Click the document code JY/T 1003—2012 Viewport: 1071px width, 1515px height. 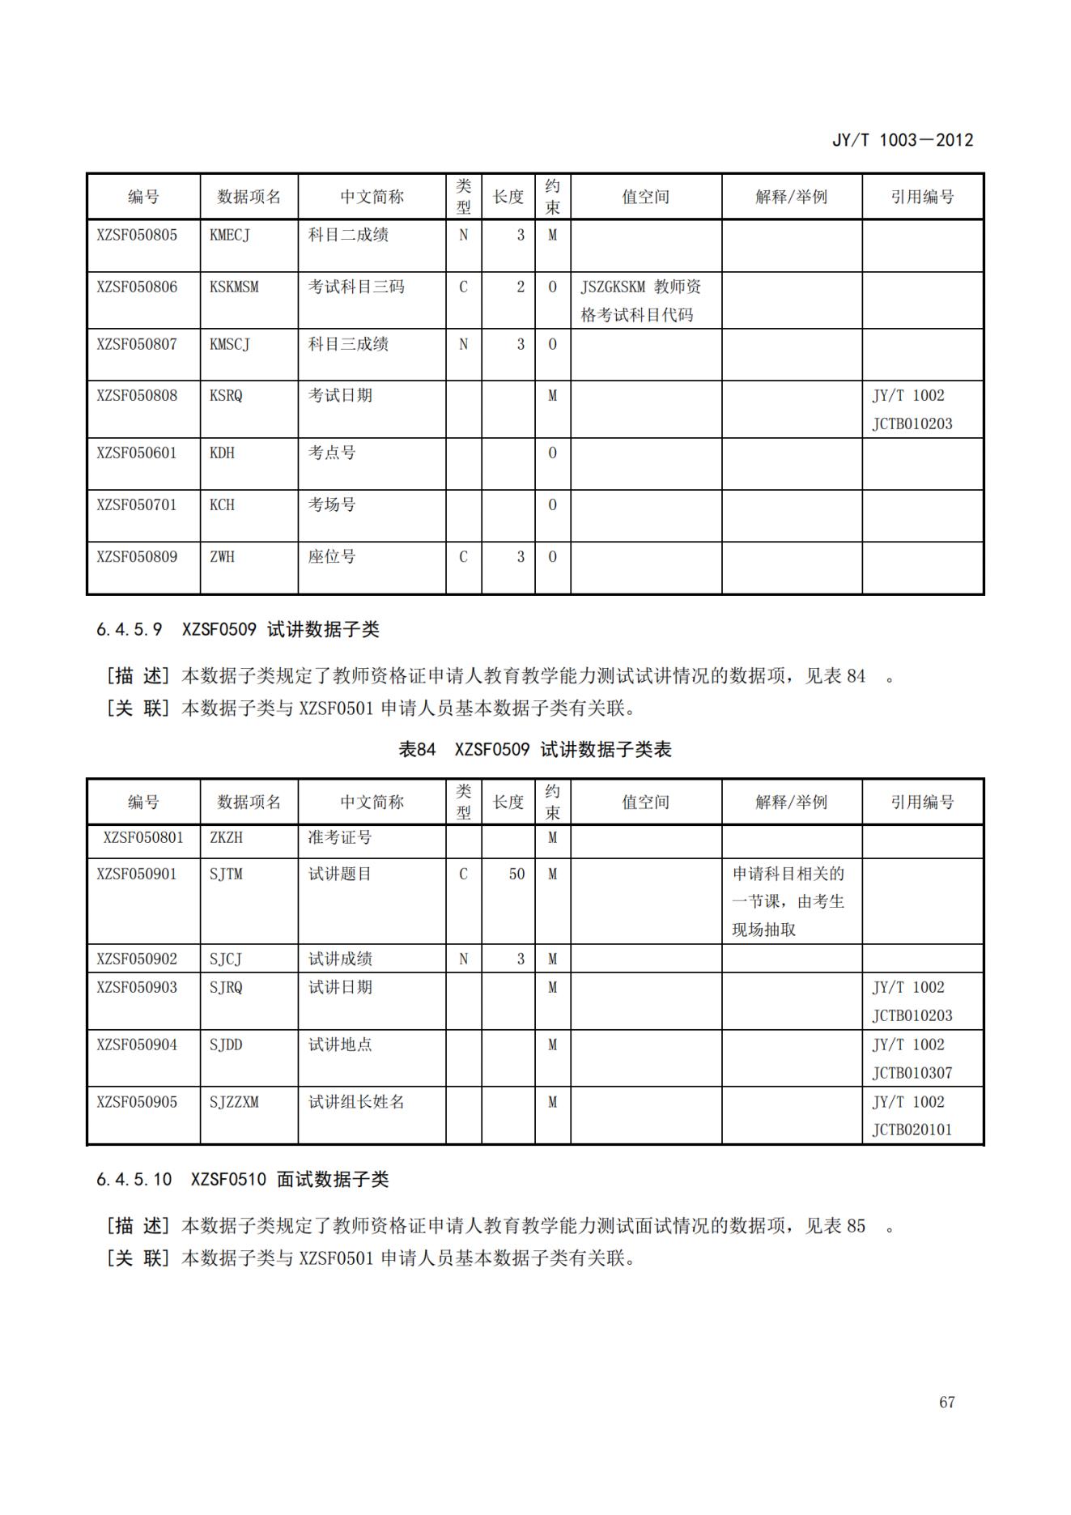click(902, 140)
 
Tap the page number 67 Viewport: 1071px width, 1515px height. click(946, 1402)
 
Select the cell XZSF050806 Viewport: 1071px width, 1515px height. click(137, 287)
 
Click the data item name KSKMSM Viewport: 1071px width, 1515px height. click(234, 287)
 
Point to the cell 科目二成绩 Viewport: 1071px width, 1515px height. click(348, 235)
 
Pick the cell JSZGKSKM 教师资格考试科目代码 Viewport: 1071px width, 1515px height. click(640, 300)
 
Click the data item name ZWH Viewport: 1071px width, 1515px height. click(222, 556)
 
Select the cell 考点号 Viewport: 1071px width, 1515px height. click(332, 453)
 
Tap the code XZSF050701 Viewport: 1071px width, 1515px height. click(137, 504)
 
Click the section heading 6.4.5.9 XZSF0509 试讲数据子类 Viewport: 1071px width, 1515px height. click(237, 629)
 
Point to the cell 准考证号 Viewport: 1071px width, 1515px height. click(340, 837)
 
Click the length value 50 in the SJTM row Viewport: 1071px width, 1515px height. click(516, 874)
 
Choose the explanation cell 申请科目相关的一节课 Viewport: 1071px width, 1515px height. click(788, 901)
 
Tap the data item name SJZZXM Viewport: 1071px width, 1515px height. click(234, 1101)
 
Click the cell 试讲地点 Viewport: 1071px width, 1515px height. click(340, 1045)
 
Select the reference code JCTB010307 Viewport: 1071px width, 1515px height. click(912, 1073)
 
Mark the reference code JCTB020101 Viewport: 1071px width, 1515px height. click(912, 1130)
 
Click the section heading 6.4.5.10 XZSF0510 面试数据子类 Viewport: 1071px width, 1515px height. click(242, 1179)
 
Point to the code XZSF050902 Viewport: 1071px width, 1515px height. click(137, 959)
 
